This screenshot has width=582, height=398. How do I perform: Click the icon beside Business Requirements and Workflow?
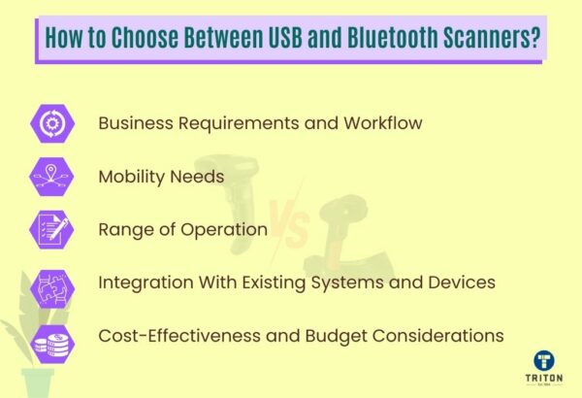coord(48,124)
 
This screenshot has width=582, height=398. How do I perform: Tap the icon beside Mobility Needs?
coord(48,177)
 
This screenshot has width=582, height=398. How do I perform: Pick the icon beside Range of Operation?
coord(48,230)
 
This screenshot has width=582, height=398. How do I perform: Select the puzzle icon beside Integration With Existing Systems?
coord(48,283)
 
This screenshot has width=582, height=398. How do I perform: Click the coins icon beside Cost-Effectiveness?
coord(48,337)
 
